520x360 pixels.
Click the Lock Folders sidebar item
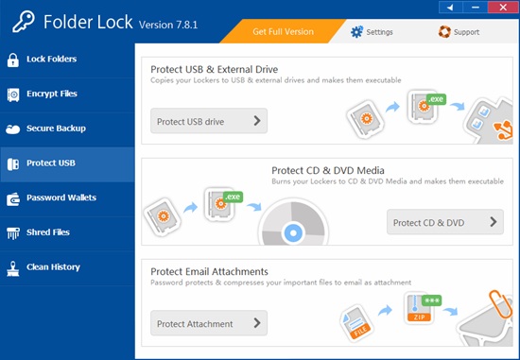pos(52,60)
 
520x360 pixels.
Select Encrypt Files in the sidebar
pos(52,94)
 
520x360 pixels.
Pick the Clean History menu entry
pos(52,266)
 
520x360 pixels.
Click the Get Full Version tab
pos(283,31)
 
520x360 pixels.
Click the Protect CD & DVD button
pos(444,223)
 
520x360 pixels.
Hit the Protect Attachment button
pos(208,324)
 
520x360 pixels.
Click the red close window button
pos(506,8)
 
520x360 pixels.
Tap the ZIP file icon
pos(419,310)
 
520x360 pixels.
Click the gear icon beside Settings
pos(357,31)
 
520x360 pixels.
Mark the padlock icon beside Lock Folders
pos(13,60)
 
